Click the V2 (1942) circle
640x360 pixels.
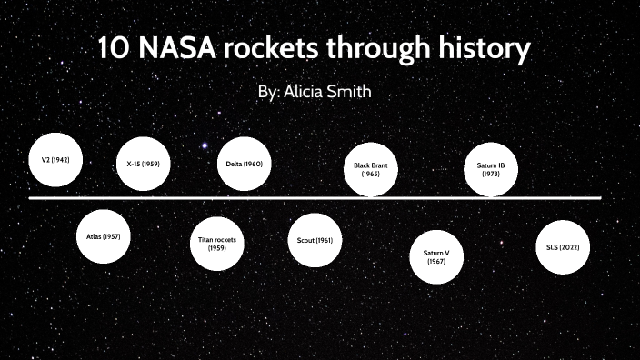55,159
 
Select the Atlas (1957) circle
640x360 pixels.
103,235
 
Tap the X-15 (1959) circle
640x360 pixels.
144,165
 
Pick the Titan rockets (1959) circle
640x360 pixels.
216,243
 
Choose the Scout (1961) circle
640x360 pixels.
315,241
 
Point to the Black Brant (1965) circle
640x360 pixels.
370,168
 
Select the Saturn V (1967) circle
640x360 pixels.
436,257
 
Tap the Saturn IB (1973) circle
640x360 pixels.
490,168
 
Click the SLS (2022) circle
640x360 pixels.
562,246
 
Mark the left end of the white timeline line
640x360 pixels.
31,197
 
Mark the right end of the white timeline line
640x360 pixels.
600,197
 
